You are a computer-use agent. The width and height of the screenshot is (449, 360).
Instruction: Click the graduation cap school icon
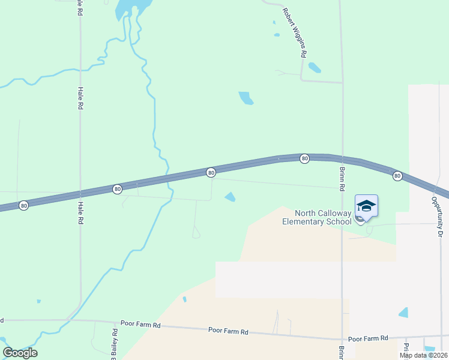366,206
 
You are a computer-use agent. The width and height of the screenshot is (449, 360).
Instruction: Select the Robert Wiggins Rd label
295,30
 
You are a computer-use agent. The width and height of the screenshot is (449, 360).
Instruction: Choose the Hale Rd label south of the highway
80,212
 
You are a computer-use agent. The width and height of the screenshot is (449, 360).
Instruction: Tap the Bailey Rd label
115,342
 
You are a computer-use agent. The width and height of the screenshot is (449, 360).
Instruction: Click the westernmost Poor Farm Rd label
141,325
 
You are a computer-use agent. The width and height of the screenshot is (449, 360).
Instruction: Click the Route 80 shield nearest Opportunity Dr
397,176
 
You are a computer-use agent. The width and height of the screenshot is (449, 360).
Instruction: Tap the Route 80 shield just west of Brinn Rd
305,158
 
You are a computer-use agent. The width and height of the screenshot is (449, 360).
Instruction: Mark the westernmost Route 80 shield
23,205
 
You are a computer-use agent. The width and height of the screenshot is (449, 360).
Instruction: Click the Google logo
20,353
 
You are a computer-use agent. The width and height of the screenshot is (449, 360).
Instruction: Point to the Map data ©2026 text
423,355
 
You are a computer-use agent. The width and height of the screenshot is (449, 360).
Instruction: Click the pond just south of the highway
230,197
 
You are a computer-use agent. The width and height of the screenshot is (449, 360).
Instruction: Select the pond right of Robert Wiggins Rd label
314,67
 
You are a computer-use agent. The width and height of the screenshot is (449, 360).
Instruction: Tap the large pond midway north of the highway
246,98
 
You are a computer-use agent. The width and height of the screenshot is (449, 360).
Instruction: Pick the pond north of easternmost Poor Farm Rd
403,313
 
